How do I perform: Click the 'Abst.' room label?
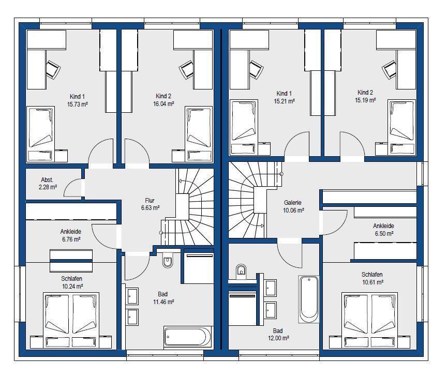tap(47, 180)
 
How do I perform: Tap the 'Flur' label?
tap(150, 200)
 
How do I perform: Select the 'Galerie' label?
tap(292, 203)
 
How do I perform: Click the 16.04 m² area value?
tap(163, 104)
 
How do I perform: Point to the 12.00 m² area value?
tap(278, 338)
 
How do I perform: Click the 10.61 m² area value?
tap(373, 282)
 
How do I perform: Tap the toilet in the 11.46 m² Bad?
tap(168, 260)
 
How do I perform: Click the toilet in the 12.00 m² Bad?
tap(241, 271)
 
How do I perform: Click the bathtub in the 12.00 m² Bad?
tap(309, 299)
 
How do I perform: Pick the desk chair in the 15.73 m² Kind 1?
tap(53, 69)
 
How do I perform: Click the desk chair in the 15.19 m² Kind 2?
tap(390, 69)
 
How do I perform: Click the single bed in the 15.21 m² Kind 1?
tap(244, 127)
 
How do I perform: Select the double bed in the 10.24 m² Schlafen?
tap(71, 320)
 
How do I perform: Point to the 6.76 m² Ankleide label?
tap(71, 235)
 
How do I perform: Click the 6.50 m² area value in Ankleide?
tap(384, 233)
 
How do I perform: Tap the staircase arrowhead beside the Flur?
tap(180, 181)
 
